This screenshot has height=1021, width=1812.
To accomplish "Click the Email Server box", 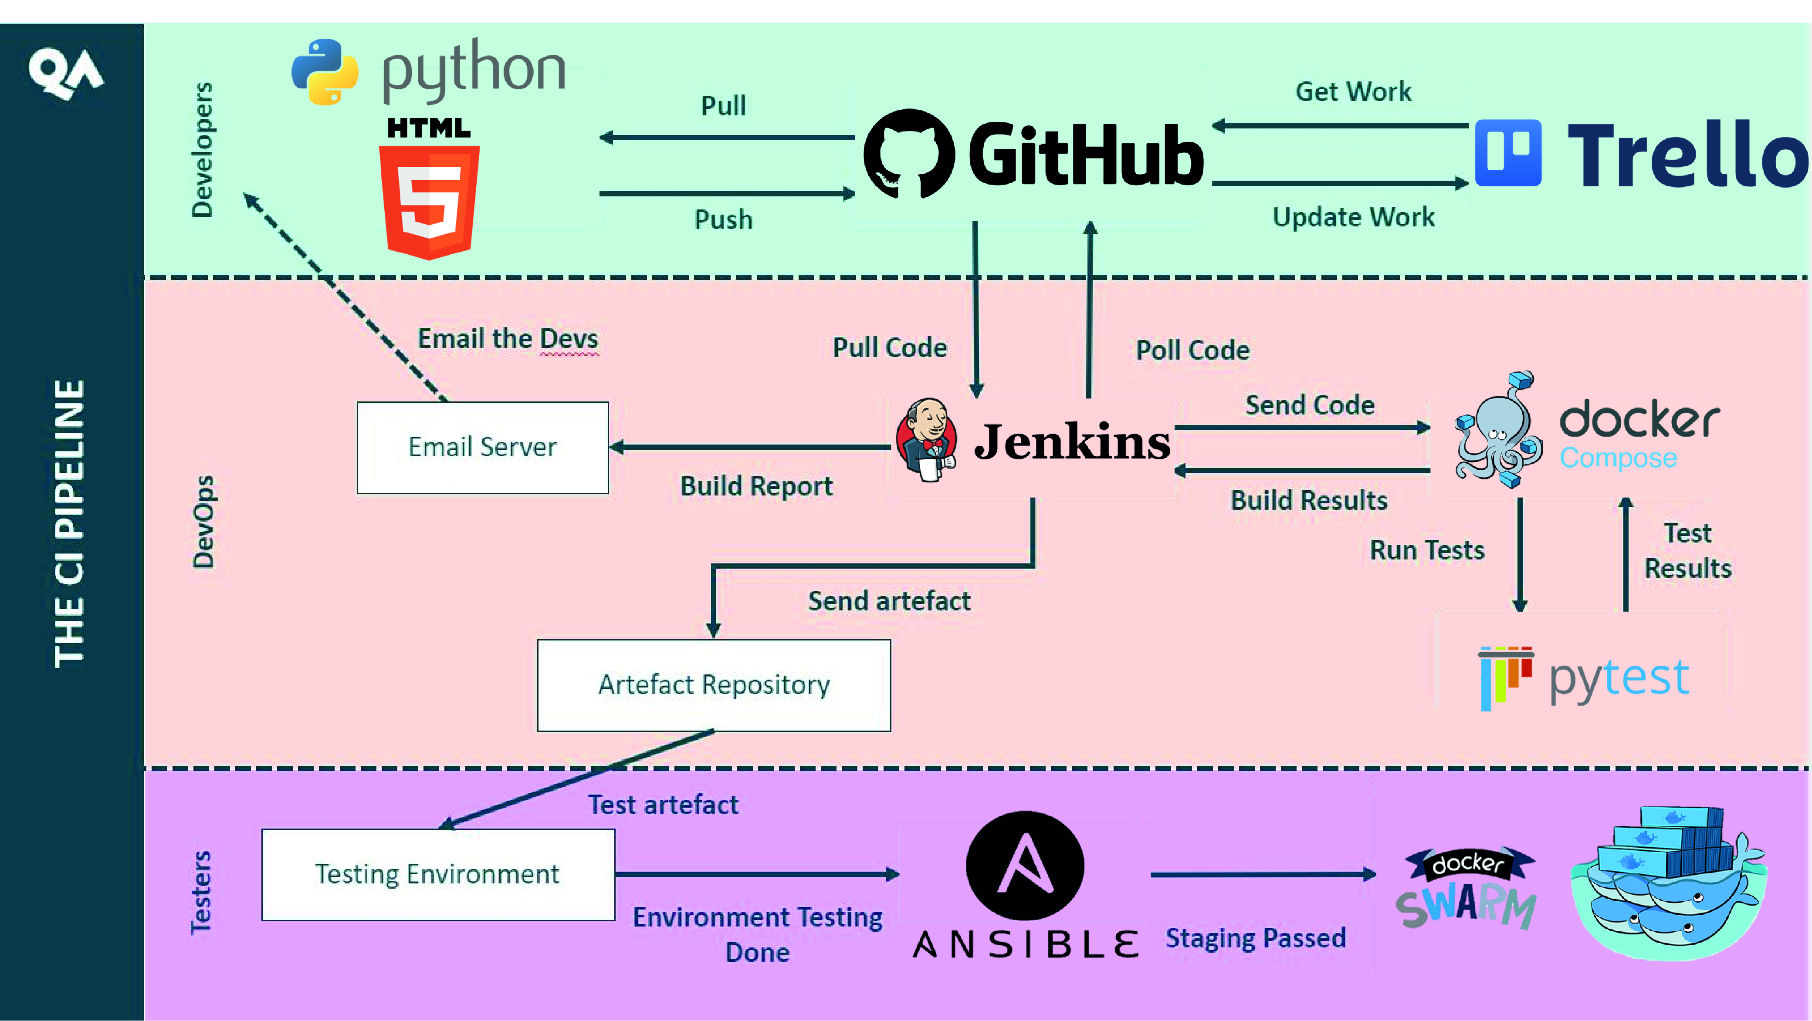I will pyautogui.click(x=483, y=447).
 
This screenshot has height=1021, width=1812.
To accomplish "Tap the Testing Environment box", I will pyautogui.click(x=437, y=874).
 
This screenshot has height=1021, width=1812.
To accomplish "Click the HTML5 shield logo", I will pyautogui.click(x=429, y=200).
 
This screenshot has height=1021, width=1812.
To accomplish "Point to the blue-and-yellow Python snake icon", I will pyautogui.click(x=324, y=72).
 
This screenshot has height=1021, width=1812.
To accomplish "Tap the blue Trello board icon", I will pyautogui.click(x=1507, y=152).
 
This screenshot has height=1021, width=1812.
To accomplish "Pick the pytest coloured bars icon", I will pyautogui.click(x=1504, y=677).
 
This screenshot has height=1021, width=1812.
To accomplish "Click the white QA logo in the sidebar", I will pyautogui.click(x=65, y=72).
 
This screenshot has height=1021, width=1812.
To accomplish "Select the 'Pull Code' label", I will pyautogui.click(x=889, y=347).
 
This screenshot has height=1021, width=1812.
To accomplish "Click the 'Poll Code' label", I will pyautogui.click(x=1192, y=350).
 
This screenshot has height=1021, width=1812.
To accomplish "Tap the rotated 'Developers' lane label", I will pyautogui.click(x=202, y=150).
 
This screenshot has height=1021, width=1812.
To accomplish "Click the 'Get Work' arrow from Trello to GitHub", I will pyautogui.click(x=1340, y=126).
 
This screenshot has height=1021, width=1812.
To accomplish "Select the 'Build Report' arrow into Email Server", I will pyautogui.click(x=750, y=447).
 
